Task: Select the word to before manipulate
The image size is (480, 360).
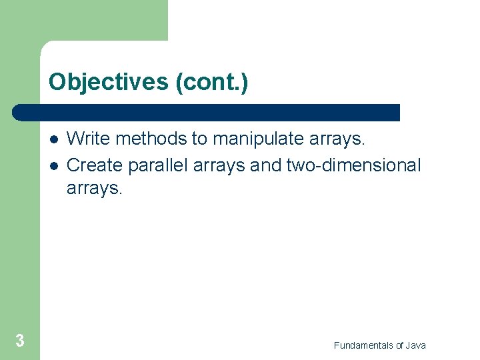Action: (x=200, y=139)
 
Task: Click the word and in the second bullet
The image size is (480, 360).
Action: (x=266, y=165)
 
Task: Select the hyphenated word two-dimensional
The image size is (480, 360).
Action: (x=353, y=165)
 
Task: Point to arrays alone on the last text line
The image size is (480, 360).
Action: (x=94, y=189)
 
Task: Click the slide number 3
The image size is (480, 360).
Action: (x=20, y=341)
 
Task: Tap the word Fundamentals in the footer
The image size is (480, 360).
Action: (x=363, y=345)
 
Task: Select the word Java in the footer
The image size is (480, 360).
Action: (x=415, y=345)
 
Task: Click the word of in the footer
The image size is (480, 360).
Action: (x=399, y=345)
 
